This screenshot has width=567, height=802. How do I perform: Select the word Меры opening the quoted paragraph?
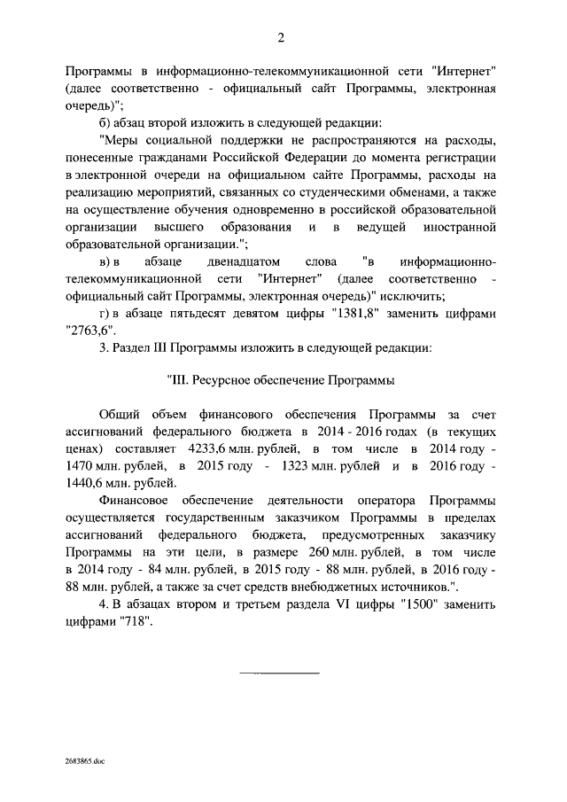tap(120, 138)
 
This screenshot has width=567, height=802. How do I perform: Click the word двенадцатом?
tap(248, 266)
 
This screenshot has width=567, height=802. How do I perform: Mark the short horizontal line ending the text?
tap(280, 673)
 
